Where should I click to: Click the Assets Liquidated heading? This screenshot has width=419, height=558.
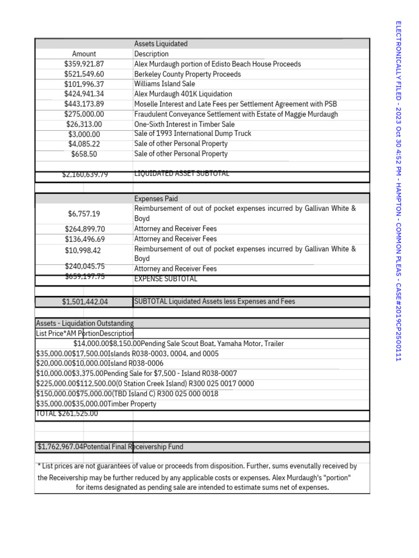click(x=161, y=44)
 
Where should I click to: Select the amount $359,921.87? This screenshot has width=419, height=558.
click(x=84, y=64)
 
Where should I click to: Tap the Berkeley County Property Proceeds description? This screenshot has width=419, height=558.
click(x=188, y=74)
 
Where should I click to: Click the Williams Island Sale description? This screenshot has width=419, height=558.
click(x=165, y=84)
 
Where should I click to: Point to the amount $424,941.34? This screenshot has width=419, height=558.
click(x=84, y=94)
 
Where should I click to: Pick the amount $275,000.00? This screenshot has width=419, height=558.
click(x=84, y=114)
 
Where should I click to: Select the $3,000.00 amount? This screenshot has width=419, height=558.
click(x=84, y=135)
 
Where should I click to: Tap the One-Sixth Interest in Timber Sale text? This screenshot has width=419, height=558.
click(x=184, y=124)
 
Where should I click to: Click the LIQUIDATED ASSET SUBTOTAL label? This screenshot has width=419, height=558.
click(x=182, y=174)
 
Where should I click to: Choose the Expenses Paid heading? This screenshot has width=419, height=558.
click(x=156, y=199)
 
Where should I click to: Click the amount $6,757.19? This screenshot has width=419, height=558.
click(x=84, y=214)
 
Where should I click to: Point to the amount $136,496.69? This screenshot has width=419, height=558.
click(x=85, y=239)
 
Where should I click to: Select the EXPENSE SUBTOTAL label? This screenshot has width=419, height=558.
click(x=166, y=279)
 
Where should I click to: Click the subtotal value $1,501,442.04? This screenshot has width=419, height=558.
click(x=85, y=302)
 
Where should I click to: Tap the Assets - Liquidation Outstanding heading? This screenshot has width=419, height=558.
click(x=85, y=323)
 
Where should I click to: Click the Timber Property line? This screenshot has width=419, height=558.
click(x=96, y=404)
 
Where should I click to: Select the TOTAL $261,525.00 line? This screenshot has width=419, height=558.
click(x=67, y=414)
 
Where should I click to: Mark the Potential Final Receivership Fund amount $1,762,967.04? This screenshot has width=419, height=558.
click(x=61, y=447)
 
